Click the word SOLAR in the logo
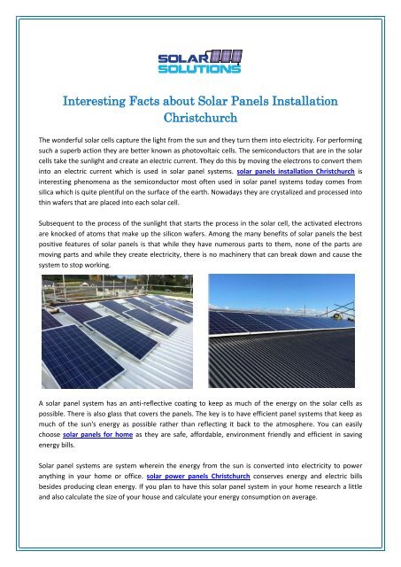click(x=178, y=58)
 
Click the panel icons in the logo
click(x=223, y=56)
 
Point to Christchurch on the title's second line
click(x=200, y=117)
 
